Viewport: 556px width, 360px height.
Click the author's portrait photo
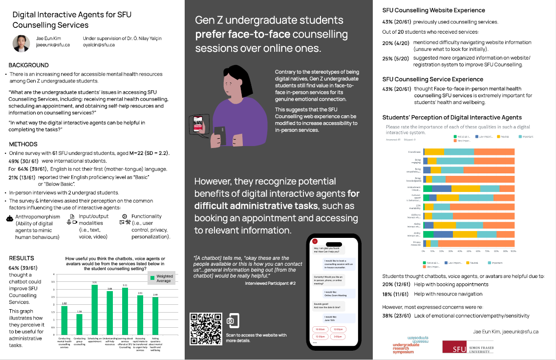coord(21,43)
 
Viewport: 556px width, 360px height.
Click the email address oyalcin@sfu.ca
coord(99,45)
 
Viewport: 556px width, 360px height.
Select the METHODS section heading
coord(23,144)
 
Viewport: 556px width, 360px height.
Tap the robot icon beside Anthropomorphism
coord(9,219)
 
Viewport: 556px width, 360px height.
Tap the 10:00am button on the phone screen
coord(321,329)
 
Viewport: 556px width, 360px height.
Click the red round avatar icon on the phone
coord(315,240)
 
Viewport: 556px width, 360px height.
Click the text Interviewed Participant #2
coord(270,283)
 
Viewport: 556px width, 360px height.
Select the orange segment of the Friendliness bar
coord(494,152)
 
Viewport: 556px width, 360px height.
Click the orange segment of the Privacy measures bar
coord(476,243)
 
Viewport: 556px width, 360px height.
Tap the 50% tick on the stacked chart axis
coord(469,251)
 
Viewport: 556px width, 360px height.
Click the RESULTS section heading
coord(21,258)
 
